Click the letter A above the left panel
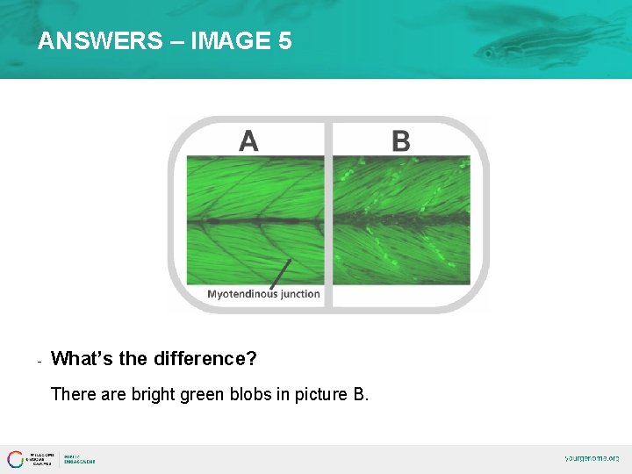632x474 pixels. (248, 140)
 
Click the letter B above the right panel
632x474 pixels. (400, 140)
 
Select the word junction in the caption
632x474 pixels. (299, 294)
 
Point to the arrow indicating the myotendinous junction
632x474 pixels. (280, 275)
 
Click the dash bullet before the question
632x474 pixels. (40, 361)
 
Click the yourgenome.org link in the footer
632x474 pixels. (592, 458)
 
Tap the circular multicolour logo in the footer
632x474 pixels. (16, 459)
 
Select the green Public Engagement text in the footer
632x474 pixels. (79, 459)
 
